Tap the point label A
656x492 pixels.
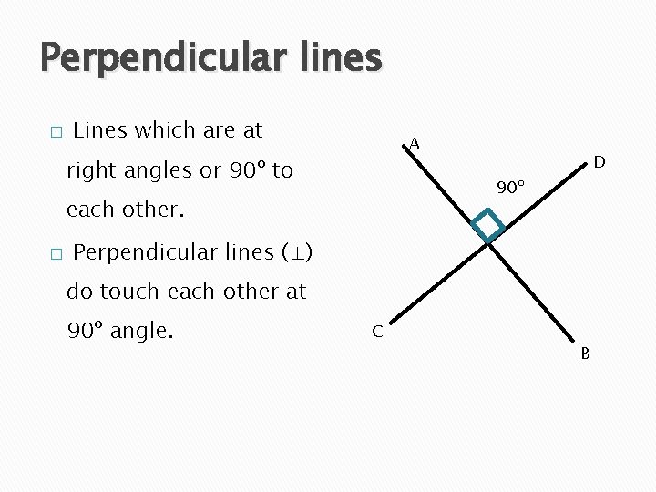click(x=415, y=144)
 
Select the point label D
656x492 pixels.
click(x=600, y=162)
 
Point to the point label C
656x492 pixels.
click(x=377, y=331)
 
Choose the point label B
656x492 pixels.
click(x=586, y=352)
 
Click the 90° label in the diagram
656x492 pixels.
click(x=510, y=189)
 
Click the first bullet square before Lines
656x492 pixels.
click(x=56, y=133)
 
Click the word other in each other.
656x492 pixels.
click(x=153, y=210)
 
